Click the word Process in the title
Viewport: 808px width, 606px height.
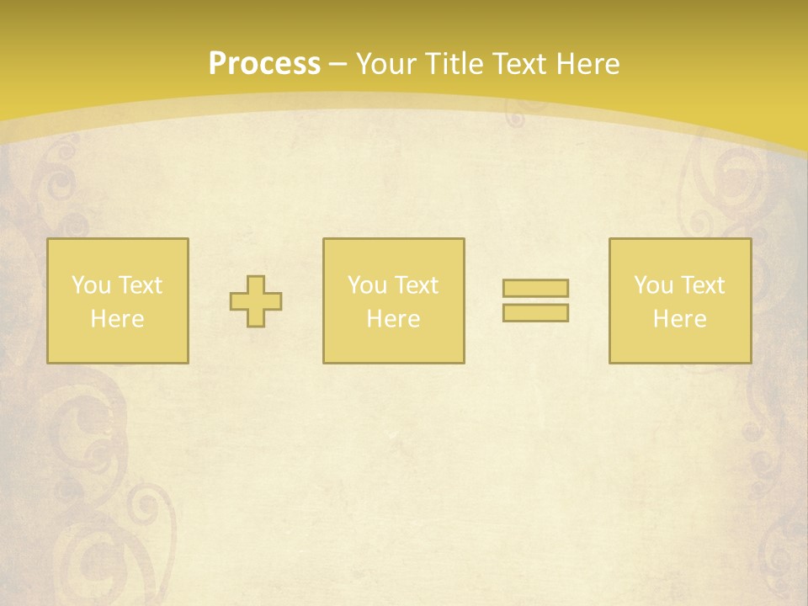click(264, 64)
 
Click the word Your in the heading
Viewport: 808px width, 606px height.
click(385, 64)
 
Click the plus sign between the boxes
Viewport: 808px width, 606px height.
click(256, 301)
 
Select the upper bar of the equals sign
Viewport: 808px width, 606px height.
click(535, 289)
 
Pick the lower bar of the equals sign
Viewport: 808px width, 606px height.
click(535, 312)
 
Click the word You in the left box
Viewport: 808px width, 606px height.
click(91, 285)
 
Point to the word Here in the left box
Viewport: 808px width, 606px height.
click(118, 319)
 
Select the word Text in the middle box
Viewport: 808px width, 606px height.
click(417, 285)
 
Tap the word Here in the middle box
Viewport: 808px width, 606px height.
click(394, 319)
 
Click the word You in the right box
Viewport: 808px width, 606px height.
click(653, 285)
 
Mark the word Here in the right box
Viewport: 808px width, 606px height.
click(680, 319)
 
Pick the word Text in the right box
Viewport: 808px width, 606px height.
click(703, 285)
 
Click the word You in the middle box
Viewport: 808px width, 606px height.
click(367, 285)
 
